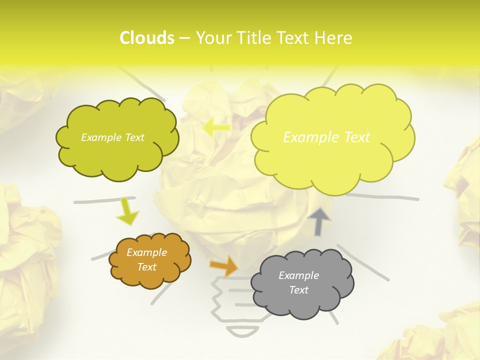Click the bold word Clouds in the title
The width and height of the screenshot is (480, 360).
pyautogui.click(x=147, y=38)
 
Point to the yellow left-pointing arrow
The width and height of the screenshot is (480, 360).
pyautogui.click(x=215, y=127)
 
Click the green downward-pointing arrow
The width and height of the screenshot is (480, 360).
pyautogui.click(x=127, y=212)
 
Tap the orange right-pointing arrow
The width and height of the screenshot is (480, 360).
pyautogui.click(x=224, y=265)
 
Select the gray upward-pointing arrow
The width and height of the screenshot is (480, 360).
pyautogui.click(x=319, y=221)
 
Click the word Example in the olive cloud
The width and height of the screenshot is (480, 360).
pyautogui.click(x=99, y=137)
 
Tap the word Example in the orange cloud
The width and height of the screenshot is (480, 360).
pyautogui.click(x=146, y=252)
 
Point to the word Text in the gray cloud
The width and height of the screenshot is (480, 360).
pyautogui.click(x=298, y=290)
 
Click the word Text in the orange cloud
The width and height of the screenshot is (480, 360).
pyautogui.click(x=146, y=267)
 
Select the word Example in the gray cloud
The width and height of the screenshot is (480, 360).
pyautogui.click(x=298, y=275)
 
